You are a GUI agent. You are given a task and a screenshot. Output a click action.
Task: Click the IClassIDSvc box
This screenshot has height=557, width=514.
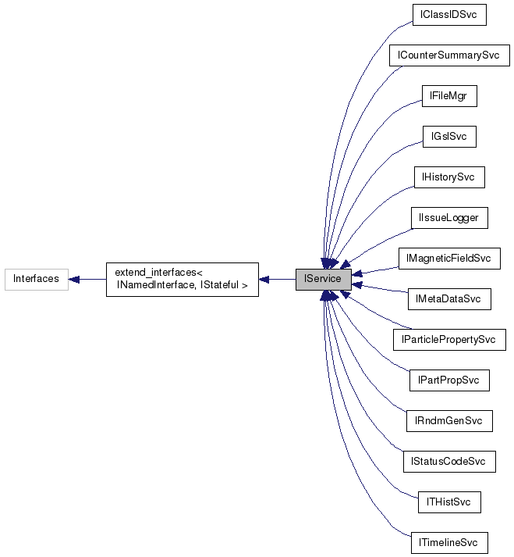point(449,15)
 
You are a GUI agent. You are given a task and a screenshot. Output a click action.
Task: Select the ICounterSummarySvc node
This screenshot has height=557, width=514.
point(449,55)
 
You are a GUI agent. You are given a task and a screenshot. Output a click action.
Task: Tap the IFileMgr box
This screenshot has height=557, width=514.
point(448,96)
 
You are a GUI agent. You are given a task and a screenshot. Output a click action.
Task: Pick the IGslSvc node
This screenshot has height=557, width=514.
point(448,137)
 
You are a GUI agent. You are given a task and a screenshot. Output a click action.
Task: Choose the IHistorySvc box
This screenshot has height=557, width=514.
point(448,177)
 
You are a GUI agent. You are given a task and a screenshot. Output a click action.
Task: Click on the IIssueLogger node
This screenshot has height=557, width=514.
point(449,218)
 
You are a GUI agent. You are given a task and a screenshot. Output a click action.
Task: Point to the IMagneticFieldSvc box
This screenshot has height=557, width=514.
point(448,259)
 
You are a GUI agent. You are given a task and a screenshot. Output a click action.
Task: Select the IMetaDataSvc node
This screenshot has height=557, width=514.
point(449,299)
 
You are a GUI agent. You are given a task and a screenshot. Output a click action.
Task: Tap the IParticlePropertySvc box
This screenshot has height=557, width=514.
point(449,340)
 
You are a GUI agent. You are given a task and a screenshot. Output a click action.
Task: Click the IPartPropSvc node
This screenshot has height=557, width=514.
point(449,380)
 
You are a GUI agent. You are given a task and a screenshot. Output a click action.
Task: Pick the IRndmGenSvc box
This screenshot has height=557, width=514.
point(449,421)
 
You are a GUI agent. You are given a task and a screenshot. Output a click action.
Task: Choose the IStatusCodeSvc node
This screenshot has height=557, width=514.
point(448,462)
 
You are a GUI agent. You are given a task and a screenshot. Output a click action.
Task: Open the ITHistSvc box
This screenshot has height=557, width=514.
point(449,502)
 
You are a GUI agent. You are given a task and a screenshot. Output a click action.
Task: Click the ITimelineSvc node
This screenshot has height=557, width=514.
point(449,543)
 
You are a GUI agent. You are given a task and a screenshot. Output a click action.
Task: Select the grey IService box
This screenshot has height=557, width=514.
point(323,279)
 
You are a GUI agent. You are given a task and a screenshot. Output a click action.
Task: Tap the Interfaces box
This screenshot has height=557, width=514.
point(36,279)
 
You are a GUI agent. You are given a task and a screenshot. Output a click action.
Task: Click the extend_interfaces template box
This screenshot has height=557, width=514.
point(182,279)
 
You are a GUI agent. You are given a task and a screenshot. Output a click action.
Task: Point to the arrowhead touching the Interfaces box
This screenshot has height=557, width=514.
point(75,279)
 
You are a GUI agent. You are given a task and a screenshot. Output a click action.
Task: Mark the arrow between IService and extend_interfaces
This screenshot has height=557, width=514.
point(277,279)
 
